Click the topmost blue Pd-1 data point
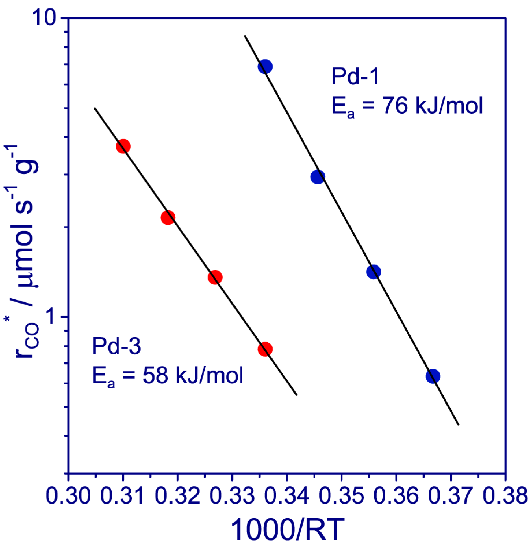[265, 67]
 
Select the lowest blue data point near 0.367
[433, 376]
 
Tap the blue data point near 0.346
[318, 177]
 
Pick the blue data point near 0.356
[373, 272]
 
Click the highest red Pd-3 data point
[123, 146]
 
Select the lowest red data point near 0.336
[265, 349]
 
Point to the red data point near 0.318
[168, 217]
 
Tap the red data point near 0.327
[215, 277]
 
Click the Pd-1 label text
[355, 77]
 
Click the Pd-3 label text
[116, 346]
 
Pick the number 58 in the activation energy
[155, 375]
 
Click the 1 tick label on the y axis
[52, 317]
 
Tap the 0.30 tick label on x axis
[68, 496]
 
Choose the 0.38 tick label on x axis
[505, 496]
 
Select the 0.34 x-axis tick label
[286, 496]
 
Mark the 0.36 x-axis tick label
[396, 496]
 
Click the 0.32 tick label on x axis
[177, 496]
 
